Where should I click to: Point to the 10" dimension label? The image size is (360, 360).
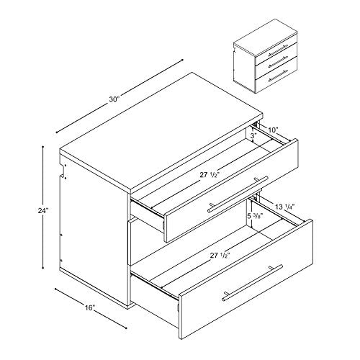[271, 130]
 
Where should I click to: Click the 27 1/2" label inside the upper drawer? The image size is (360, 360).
[210, 174]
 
